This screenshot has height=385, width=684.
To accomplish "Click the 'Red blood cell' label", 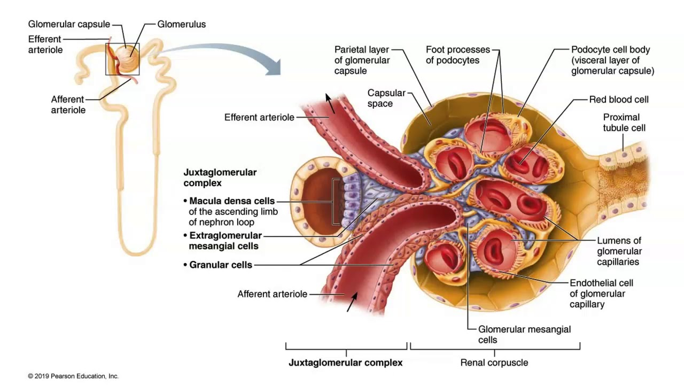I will click(x=619, y=99).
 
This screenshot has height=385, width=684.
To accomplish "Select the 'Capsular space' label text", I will click(x=386, y=98).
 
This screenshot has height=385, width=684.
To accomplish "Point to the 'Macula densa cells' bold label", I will click(x=232, y=202).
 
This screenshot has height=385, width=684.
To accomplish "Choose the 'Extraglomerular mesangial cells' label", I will click(x=225, y=241).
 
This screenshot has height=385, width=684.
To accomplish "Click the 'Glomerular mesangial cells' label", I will click(x=524, y=335).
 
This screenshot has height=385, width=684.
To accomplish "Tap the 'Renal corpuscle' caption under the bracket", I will click(x=494, y=363).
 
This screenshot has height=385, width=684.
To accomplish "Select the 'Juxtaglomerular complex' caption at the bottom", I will click(x=346, y=363).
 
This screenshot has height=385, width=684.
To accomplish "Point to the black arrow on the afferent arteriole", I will click(x=350, y=304).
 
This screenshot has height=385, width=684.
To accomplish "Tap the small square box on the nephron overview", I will click(x=122, y=59).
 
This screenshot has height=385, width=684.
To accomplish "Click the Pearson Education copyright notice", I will click(x=73, y=376).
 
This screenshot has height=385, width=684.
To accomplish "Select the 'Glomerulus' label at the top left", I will click(x=181, y=24).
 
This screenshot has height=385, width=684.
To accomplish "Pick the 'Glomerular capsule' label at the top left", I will click(x=69, y=24).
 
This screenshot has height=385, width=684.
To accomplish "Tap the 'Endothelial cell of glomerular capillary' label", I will click(x=601, y=294).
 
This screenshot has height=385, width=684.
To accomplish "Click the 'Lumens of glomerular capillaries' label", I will click(x=619, y=251).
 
